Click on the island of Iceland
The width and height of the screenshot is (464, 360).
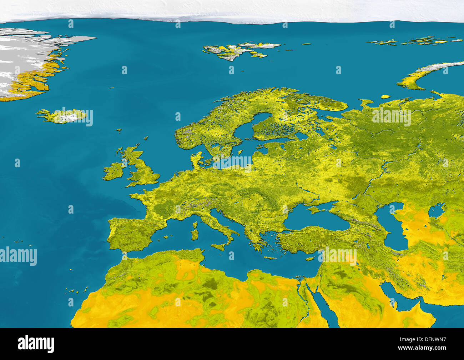click(x=62, y=116)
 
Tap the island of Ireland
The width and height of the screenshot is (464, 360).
click(x=114, y=171)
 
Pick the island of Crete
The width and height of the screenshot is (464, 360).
click(x=270, y=257)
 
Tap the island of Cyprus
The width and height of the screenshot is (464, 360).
click(x=311, y=258)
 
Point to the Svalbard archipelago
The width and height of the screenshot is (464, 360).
click(x=236, y=50)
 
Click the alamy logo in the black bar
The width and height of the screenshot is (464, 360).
click(x=36, y=344)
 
